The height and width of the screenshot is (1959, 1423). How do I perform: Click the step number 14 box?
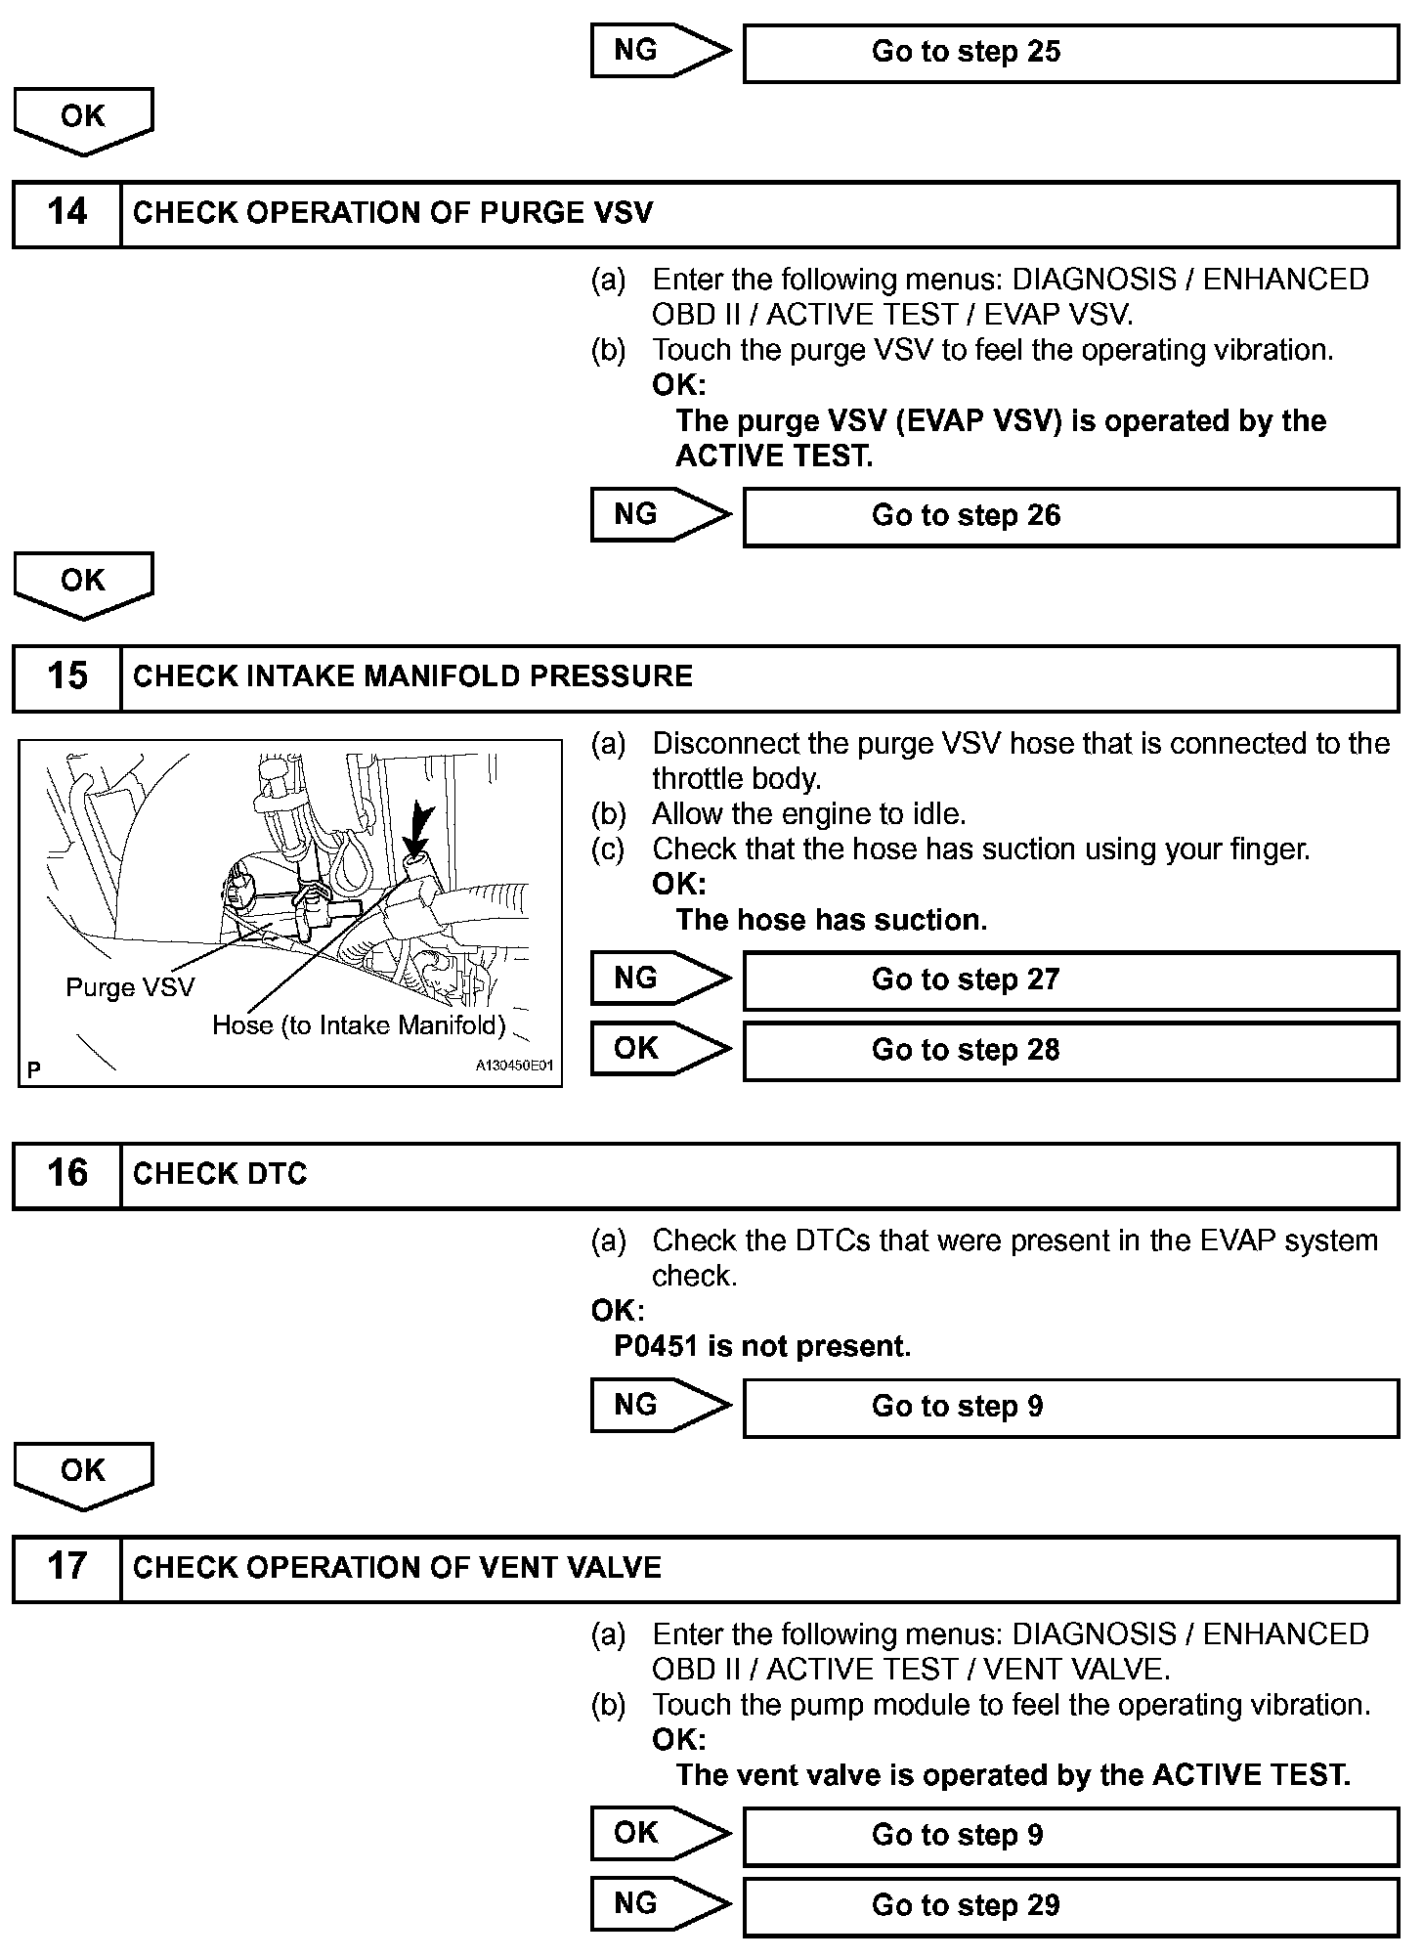coord(66,213)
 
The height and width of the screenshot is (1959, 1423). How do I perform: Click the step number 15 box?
coord(66,676)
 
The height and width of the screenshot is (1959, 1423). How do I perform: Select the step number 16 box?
coord(66,1174)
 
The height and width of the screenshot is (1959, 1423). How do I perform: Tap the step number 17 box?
coord(66,1567)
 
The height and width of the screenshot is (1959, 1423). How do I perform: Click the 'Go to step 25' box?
coord(1070,52)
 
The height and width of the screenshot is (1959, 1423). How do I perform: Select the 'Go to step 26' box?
coord(1070,516)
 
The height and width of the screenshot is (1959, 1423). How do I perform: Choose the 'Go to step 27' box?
coord(1070,979)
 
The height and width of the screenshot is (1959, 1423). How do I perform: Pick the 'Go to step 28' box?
coord(1070,1050)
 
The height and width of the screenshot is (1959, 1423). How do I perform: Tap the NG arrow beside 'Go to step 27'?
coord(660,979)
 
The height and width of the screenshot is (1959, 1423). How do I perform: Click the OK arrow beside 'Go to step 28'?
coord(660,1049)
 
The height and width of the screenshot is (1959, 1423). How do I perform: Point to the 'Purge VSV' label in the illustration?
coord(130,987)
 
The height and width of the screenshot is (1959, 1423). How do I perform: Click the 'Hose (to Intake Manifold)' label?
coord(359,1025)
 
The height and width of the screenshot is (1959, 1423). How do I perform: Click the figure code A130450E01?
coord(514,1066)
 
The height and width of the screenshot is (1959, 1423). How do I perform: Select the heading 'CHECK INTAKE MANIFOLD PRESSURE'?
coord(412,676)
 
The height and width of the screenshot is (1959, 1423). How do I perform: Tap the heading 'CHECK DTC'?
coord(220,1174)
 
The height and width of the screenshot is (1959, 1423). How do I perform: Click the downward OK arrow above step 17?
coord(83,1475)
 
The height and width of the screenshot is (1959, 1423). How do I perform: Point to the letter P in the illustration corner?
coord(34,1070)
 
